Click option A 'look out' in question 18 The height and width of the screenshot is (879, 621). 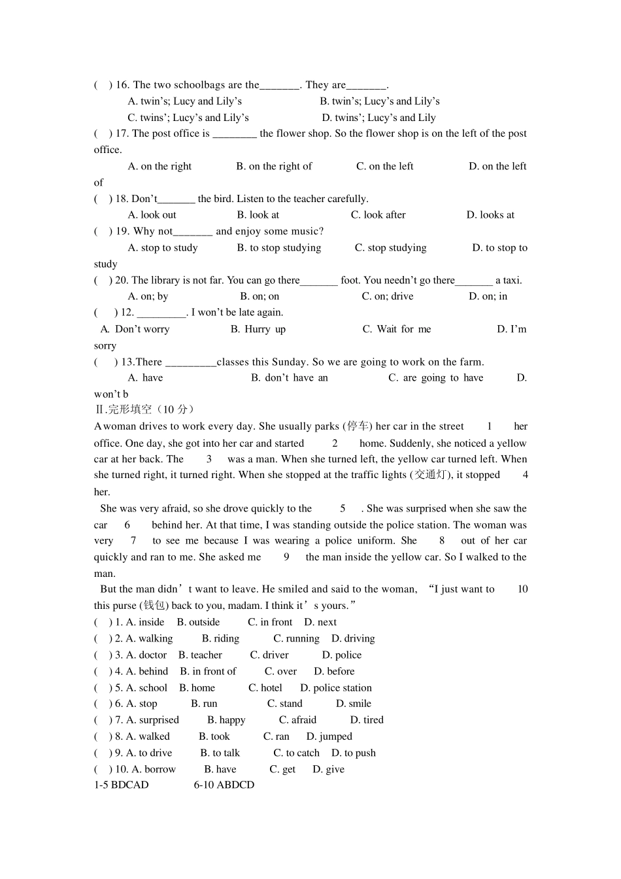tap(152, 215)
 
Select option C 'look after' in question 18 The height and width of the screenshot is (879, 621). tap(378, 215)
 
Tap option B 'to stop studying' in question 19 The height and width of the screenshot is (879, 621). tap(278, 248)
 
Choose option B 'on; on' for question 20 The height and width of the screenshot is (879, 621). tap(260, 296)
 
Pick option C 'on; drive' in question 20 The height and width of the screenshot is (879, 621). tap(388, 296)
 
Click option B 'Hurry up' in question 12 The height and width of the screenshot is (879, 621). tap(258, 329)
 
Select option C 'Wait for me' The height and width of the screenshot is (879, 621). tap(397, 329)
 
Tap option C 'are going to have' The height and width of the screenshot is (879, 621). tap(435, 378)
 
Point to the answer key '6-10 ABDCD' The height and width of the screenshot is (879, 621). tap(224, 785)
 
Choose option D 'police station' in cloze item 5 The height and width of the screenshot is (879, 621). tap(336, 688)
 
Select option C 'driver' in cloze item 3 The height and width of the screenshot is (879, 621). tap(269, 655)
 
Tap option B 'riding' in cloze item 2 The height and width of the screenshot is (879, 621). tap(220, 639)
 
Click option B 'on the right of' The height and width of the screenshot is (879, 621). tap(274, 167)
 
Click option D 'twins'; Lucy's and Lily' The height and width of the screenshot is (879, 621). tap(378, 118)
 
